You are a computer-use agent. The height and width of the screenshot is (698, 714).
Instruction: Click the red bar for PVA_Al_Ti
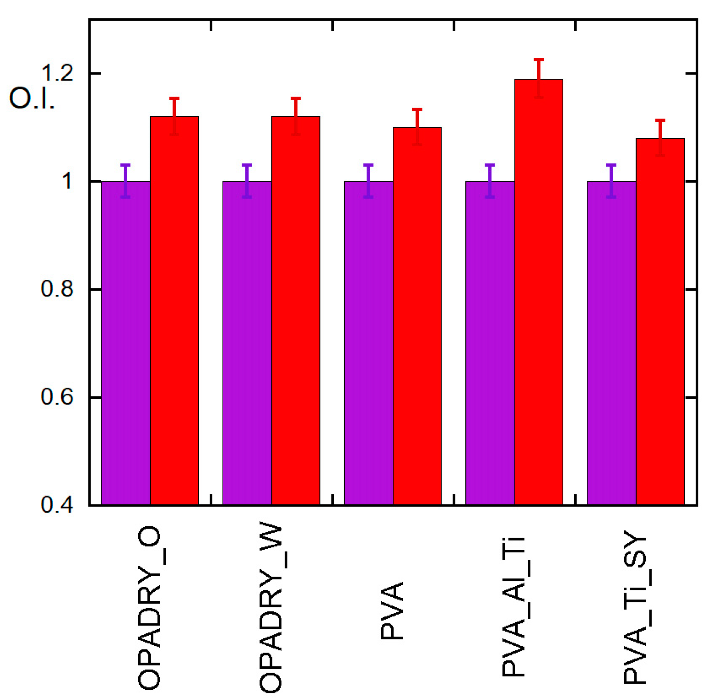coord(538,293)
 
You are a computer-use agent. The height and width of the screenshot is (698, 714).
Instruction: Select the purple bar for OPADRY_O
coord(126,343)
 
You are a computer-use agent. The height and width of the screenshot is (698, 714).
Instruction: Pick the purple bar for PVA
coord(368,343)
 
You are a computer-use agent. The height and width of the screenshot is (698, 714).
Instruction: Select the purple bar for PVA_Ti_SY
coord(611,343)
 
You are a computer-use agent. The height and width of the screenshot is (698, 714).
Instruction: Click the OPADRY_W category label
coord(271,609)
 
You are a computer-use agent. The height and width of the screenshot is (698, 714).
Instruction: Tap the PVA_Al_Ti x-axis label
coord(513,607)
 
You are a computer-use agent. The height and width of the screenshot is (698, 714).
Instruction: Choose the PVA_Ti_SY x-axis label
coord(635,607)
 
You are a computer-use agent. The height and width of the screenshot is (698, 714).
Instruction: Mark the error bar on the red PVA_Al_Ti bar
coord(539,78)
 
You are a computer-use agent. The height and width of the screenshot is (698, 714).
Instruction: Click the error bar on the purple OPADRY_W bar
coord(247,181)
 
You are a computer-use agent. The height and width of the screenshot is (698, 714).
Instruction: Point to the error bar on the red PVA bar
coord(417,127)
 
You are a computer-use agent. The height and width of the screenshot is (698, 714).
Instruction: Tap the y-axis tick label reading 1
coord(67,181)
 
